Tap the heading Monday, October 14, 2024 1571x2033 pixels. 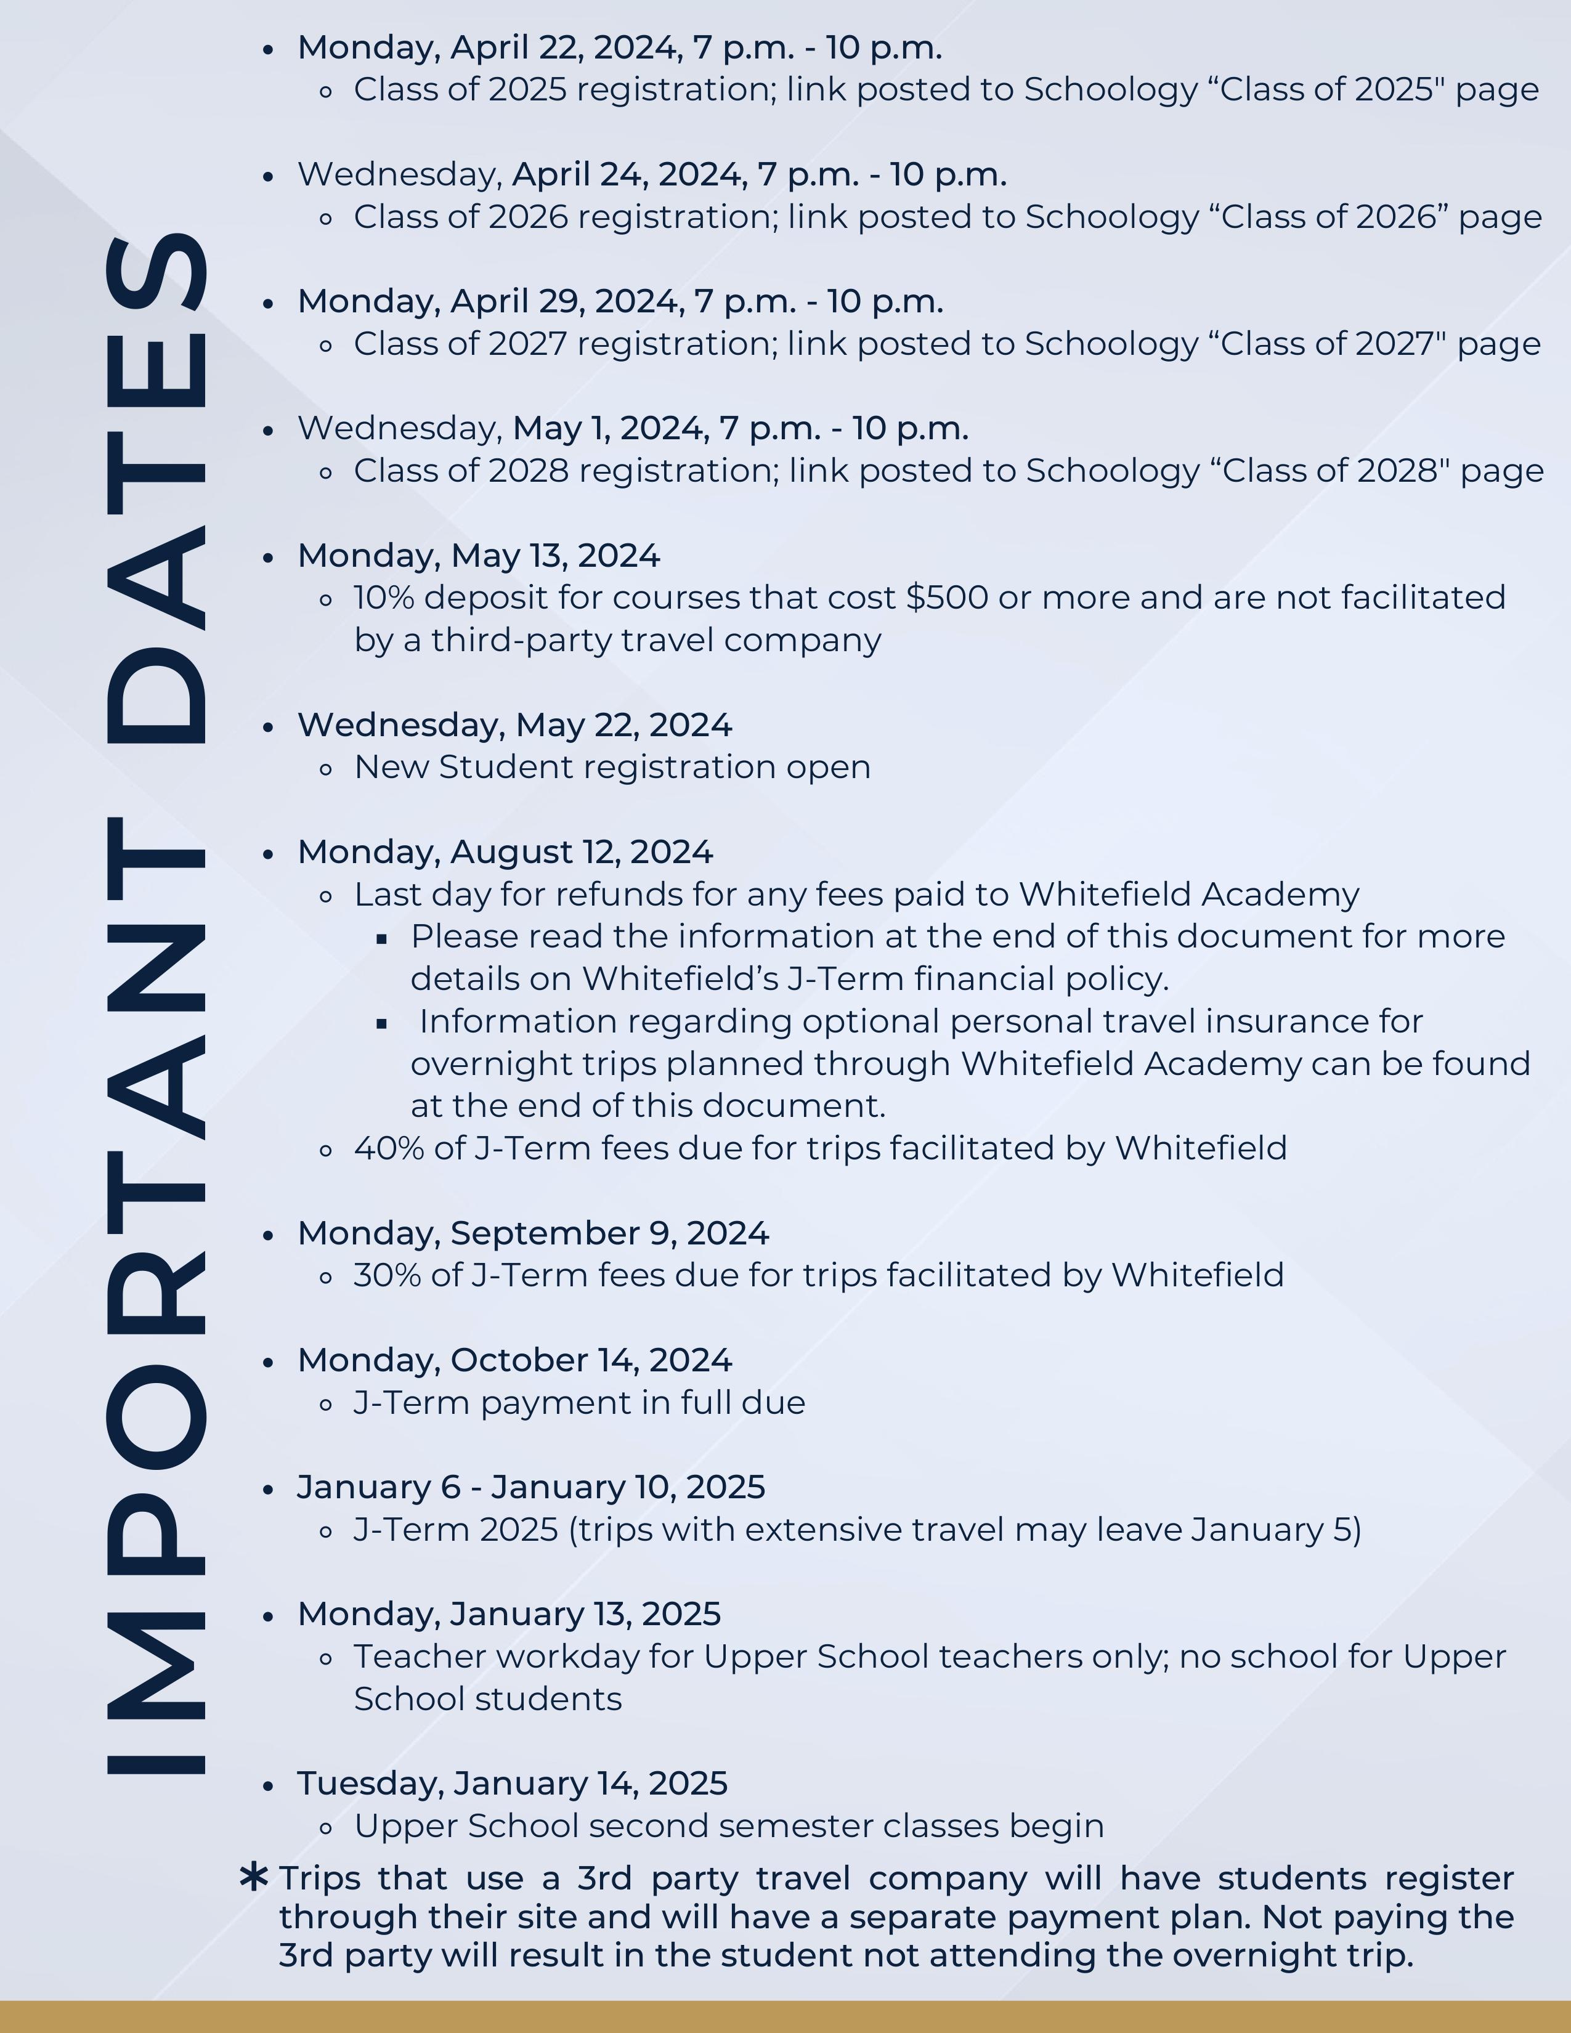click(514, 1361)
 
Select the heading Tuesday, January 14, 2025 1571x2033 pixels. click(512, 1783)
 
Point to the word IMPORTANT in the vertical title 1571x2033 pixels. click(156, 1294)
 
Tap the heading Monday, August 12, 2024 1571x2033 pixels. click(505, 853)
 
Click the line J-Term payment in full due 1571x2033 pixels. click(579, 1403)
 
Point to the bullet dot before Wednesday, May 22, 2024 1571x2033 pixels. click(268, 727)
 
